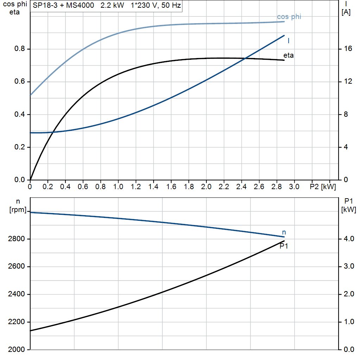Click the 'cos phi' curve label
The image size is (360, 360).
[x=289, y=17]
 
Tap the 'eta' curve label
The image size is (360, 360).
[x=289, y=55]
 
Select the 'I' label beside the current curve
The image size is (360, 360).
[x=289, y=41]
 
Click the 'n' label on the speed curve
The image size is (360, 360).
[x=284, y=232]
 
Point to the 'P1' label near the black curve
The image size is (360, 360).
[x=284, y=246]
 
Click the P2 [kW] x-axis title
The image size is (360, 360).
[x=323, y=186]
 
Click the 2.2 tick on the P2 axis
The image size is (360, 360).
[x=224, y=186]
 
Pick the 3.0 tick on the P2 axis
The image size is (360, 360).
[x=294, y=186]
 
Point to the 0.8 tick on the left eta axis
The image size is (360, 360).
[x=20, y=49]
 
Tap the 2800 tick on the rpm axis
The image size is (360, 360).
[x=15, y=239]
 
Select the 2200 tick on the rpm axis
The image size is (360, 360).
[x=15, y=322]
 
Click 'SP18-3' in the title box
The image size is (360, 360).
[x=44, y=6]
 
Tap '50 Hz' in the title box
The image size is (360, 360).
[x=171, y=6]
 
